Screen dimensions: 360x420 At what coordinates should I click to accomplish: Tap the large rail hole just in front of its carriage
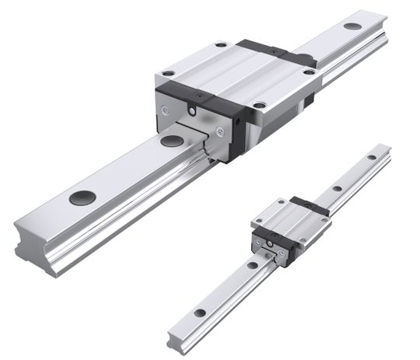(169, 141)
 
